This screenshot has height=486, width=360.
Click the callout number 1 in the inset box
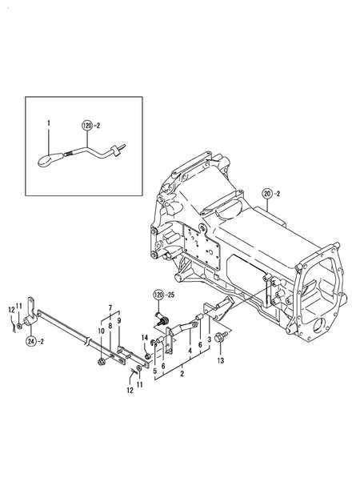coord(47,122)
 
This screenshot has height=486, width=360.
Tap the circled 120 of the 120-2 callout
coord(87,125)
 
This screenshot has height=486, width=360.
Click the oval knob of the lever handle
coord(46,159)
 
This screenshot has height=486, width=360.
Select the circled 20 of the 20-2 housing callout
coord(266,193)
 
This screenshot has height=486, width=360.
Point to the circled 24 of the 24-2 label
coord(31,341)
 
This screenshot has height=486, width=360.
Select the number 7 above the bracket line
coord(111,305)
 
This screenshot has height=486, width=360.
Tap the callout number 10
coord(102,331)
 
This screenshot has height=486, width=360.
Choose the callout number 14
coord(145,337)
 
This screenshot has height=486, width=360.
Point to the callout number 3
coord(210,339)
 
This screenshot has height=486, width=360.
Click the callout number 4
coord(189,350)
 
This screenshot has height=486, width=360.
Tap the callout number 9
coord(119,321)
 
